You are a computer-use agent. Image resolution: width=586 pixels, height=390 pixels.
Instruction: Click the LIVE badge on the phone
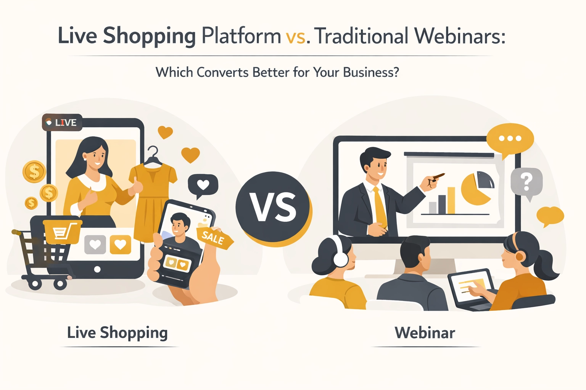pyautogui.click(x=62, y=122)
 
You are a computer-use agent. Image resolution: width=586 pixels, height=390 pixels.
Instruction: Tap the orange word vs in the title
pyautogui.click(x=295, y=37)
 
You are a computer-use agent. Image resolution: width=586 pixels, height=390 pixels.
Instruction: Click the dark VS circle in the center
pyautogui.click(x=272, y=207)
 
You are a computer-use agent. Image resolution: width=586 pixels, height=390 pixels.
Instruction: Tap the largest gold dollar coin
pyautogui.click(x=34, y=171)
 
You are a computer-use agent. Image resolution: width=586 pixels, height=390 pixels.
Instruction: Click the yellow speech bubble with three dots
pyautogui.click(x=510, y=139)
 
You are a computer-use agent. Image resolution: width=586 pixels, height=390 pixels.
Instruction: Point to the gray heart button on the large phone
pyautogui.click(x=95, y=245)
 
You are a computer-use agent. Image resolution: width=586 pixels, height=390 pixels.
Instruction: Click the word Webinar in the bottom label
pyautogui.click(x=425, y=333)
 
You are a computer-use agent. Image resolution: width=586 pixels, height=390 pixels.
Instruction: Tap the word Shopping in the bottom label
pyautogui.click(x=134, y=333)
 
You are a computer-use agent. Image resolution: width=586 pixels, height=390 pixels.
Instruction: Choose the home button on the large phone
pyautogui.click(x=97, y=269)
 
